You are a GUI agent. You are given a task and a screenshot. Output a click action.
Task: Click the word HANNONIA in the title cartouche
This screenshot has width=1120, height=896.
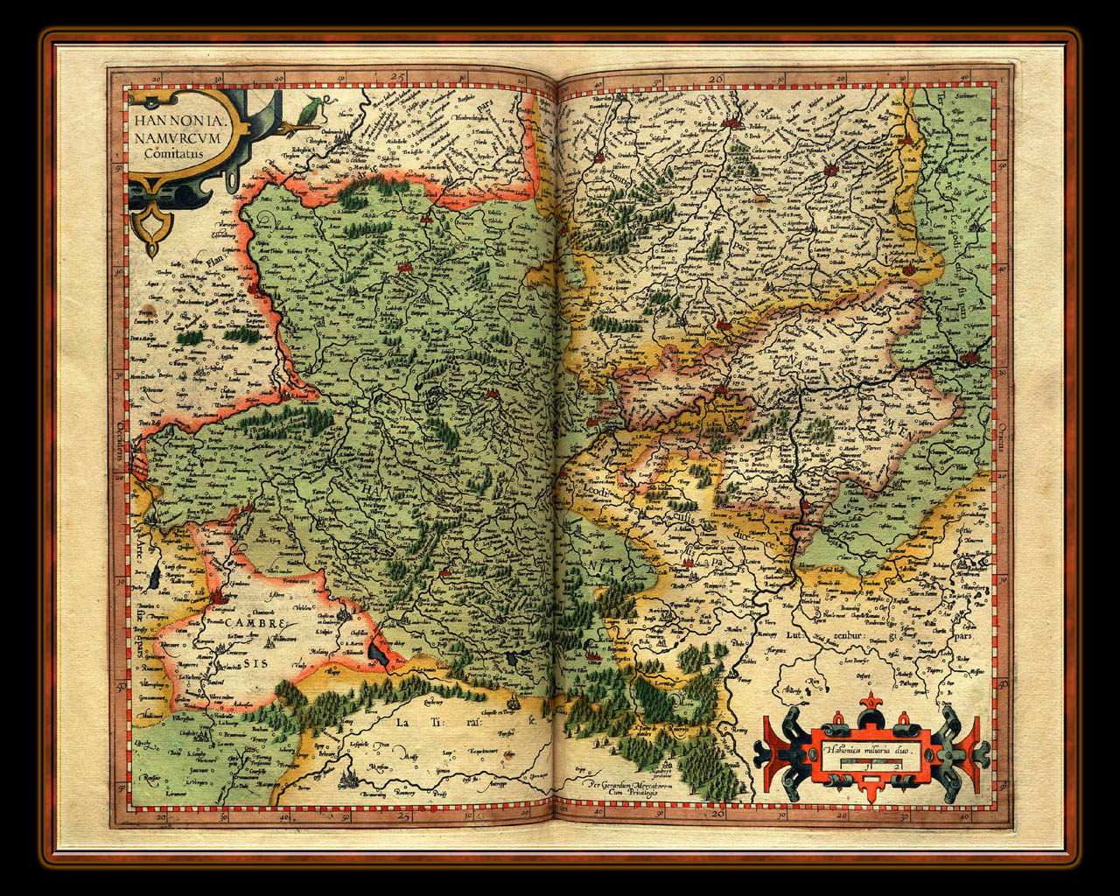(x=171, y=120)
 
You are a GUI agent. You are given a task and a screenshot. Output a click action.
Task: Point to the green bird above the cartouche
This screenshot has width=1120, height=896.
(x=311, y=111)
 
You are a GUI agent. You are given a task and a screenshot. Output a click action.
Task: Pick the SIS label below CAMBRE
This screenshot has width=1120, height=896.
(x=256, y=664)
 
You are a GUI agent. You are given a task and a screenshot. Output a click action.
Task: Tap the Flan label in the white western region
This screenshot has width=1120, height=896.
(x=203, y=260)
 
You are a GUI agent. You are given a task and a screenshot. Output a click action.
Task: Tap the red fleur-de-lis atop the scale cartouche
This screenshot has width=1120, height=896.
(x=872, y=703)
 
